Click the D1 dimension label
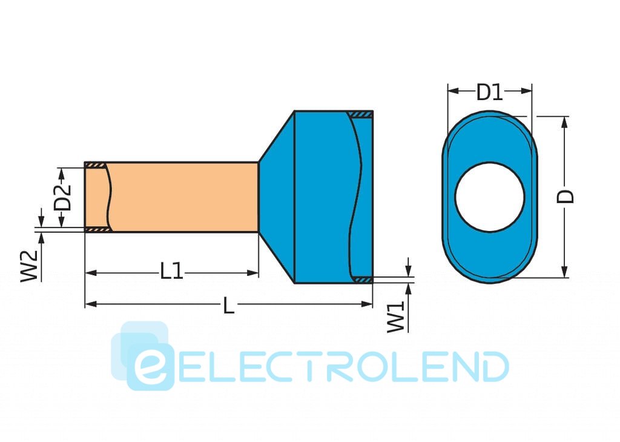(489, 92)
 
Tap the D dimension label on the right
(566, 196)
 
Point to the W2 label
(29, 266)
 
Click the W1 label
(395, 317)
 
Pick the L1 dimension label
(171, 272)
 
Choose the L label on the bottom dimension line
(228, 306)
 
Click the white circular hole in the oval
(490, 197)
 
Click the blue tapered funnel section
(277, 197)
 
